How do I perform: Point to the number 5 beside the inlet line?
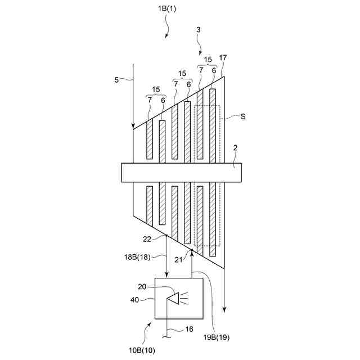click(116, 80)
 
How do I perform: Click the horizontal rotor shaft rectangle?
click(181, 173)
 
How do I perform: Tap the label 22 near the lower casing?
click(147, 240)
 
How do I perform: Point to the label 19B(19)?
click(217, 337)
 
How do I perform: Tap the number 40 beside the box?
click(134, 300)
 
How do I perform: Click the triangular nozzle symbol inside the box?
click(174, 298)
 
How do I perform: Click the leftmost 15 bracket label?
click(156, 89)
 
